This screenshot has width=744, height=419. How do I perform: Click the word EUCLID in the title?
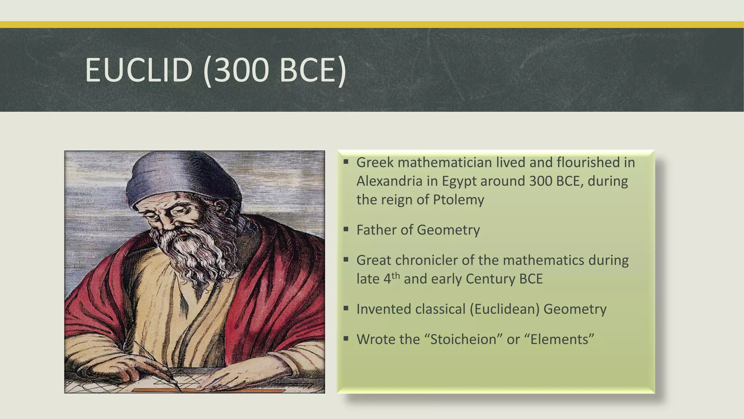pyautogui.click(x=138, y=70)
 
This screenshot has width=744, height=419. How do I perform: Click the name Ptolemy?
pyautogui.click(x=458, y=200)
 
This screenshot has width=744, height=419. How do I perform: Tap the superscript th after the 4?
pyautogui.click(x=396, y=275)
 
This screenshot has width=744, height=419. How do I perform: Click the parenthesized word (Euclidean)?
pyautogui.click(x=504, y=309)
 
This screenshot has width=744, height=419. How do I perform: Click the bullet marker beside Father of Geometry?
pyautogui.click(x=346, y=229)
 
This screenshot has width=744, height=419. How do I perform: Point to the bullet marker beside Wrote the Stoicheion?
pyautogui.click(x=346, y=339)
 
